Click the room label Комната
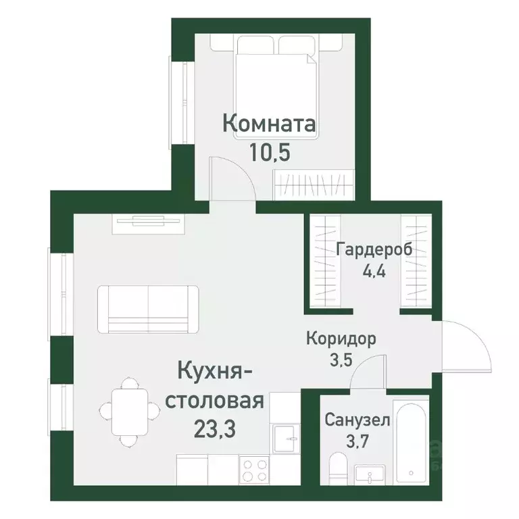[269, 125]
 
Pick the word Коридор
[341, 338]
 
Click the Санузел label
[357, 420]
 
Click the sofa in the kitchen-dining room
[148, 308]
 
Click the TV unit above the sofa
[148, 221]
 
